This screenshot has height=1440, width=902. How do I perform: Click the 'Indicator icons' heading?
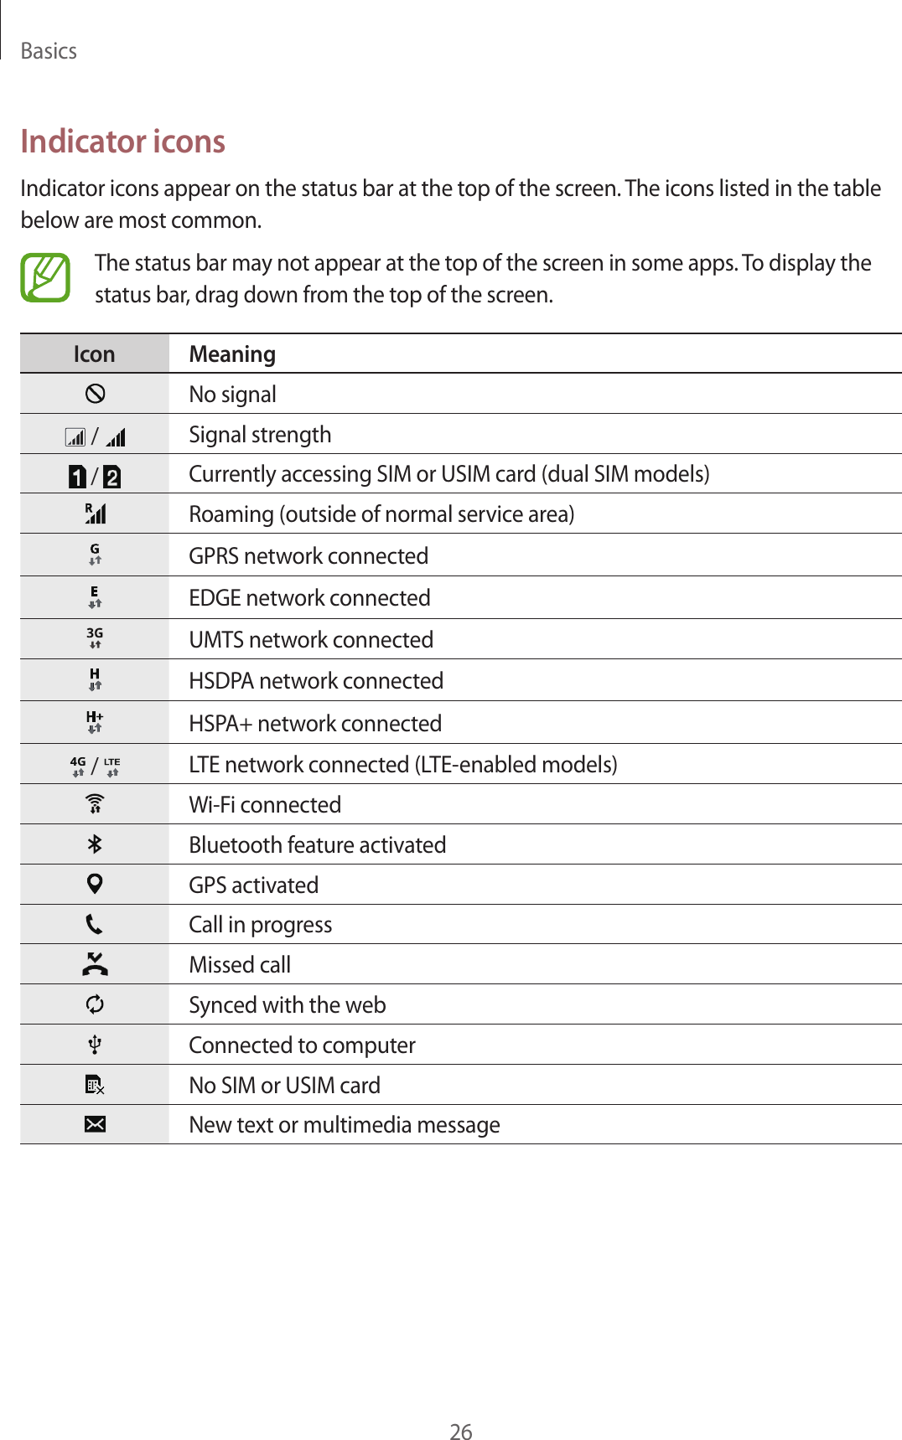122,142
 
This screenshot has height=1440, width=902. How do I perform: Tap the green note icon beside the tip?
45,277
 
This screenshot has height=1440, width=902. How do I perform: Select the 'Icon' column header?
94,354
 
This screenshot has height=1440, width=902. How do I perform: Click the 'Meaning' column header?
232,354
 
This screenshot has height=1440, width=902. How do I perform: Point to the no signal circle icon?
95,394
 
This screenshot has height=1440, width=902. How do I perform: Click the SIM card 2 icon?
111,477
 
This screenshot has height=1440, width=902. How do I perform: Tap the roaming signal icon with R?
95,514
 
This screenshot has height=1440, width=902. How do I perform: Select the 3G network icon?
95,638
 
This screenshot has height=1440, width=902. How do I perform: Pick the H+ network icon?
95,722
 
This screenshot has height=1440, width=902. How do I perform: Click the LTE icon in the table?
112,766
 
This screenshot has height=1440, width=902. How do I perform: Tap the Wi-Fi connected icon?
95,804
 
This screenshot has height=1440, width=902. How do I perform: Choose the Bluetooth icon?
95,844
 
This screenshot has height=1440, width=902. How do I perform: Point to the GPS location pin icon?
95,884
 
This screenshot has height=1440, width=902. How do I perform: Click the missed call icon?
95,964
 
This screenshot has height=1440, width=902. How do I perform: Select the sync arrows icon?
95,1004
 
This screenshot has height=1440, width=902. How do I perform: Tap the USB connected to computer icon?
95,1045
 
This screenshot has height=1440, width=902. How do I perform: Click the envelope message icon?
95,1124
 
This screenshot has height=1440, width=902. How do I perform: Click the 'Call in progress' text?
260,925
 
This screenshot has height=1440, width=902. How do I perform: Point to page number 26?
461,1432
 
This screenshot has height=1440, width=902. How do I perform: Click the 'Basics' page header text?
49,51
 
